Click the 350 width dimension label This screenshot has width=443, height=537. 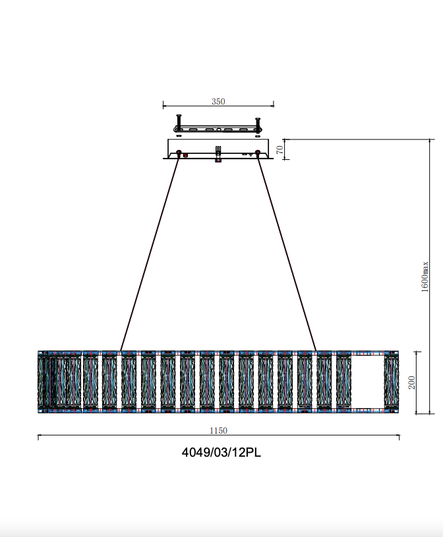coord(218,101)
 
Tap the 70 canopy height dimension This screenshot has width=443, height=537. coord(280,149)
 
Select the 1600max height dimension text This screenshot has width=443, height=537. coord(426,276)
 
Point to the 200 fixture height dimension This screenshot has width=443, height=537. coord(412,382)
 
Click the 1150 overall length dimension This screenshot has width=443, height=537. coord(218,430)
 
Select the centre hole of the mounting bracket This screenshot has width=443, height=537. coord(218,130)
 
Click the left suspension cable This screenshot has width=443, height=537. coord(150,253)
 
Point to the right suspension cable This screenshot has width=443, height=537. coord(287,253)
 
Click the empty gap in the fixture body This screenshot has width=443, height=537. coord(368,382)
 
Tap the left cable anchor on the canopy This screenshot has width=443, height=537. coord(179,154)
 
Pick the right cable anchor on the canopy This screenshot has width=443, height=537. coord(258,154)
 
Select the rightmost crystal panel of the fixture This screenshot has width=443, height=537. coord(392,382)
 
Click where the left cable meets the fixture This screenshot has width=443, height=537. coord(121,351)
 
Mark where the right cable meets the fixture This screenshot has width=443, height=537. coord(316,351)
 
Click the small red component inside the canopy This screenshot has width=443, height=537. coord(186,155)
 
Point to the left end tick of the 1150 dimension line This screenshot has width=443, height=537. coord(38,436)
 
